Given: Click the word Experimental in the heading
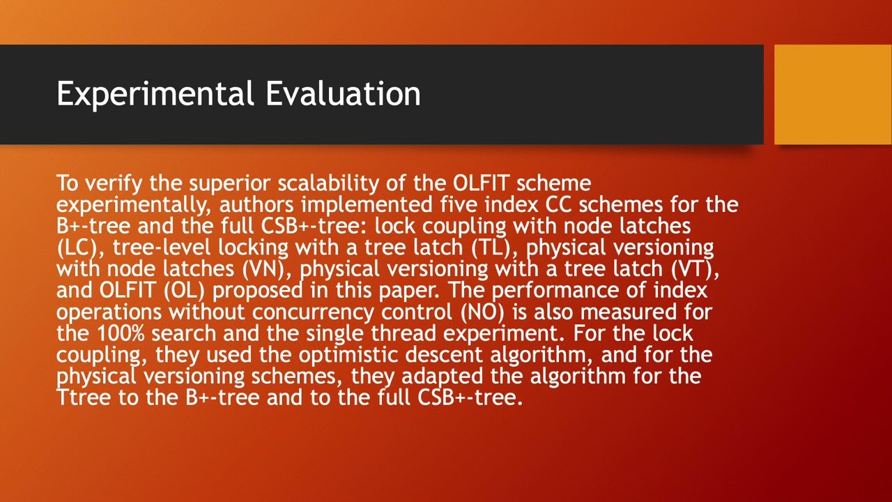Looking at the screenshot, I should (155, 94).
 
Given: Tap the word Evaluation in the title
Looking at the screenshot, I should (344, 94).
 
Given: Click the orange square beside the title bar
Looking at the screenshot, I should (833, 94).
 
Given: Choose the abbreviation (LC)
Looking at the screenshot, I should (77, 248).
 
